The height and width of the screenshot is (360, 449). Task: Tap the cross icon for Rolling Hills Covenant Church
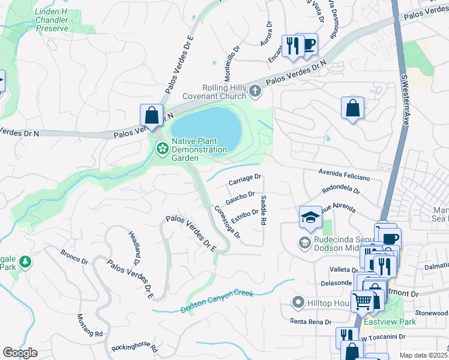(x=256, y=91)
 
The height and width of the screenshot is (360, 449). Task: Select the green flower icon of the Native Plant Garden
(x=161, y=148)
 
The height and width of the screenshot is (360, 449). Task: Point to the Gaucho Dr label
(x=240, y=197)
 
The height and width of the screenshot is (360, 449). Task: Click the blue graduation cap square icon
(x=310, y=217)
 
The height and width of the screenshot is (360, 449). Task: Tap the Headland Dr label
(x=133, y=247)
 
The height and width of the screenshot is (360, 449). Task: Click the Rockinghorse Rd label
(x=134, y=348)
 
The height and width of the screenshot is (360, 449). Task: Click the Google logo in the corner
(x=20, y=352)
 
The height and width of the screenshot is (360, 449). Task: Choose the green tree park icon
(x=25, y=262)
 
